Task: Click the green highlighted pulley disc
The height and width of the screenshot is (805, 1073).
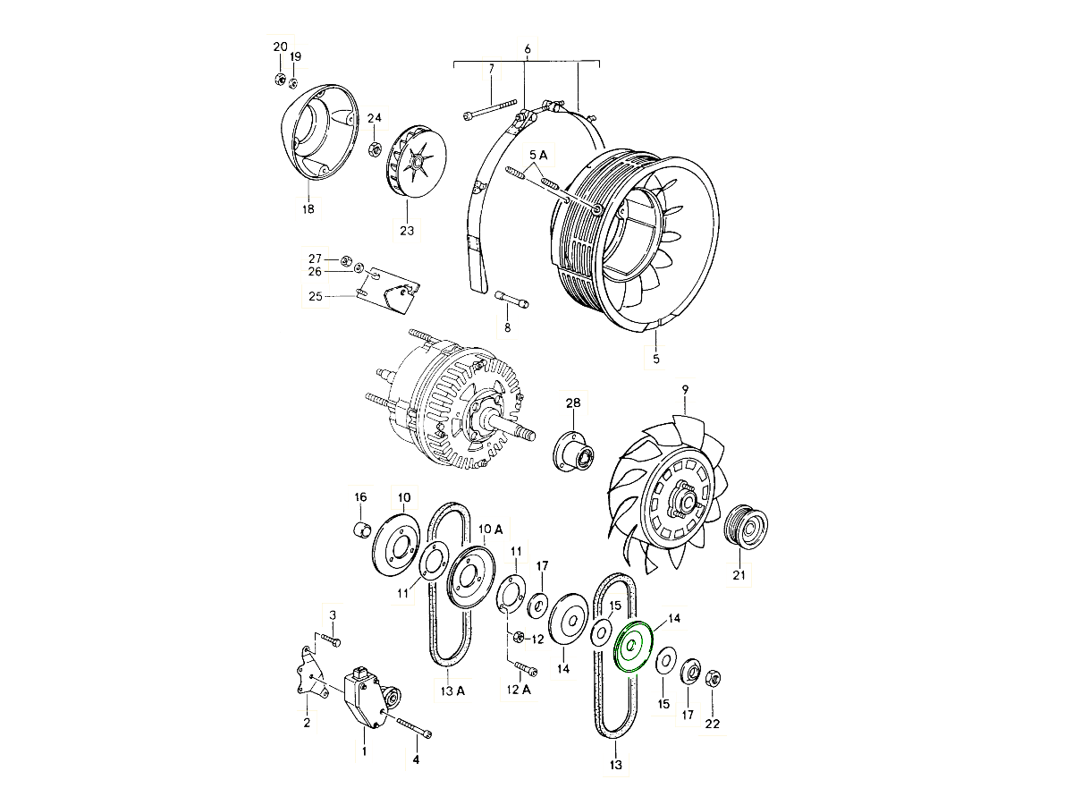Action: click(x=633, y=646)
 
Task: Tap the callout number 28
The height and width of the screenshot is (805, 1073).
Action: click(x=573, y=402)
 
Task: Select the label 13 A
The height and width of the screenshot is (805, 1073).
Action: click(x=452, y=691)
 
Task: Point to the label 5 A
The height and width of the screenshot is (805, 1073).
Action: click(x=538, y=156)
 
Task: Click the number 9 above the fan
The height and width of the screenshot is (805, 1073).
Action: click(x=685, y=390)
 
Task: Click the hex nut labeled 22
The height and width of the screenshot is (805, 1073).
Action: click(x=713, y=678)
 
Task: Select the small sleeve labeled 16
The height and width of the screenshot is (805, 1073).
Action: click(x=362, y=529)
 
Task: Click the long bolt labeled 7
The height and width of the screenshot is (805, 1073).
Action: click(x=489, y=109)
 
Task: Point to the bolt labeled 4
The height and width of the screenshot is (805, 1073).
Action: click(x=415, y=728)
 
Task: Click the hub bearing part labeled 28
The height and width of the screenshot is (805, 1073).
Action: click(x=573, y=452)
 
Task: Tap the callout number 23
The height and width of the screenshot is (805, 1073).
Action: click(x=407, y=230)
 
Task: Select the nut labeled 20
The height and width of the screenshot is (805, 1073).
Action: click(x=280, y=79)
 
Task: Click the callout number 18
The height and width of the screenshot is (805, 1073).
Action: click(x=308, y=209)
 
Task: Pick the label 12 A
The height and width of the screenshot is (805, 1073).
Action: click(x=518, y=689)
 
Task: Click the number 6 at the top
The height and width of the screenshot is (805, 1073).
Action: click(x=527, y=49)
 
